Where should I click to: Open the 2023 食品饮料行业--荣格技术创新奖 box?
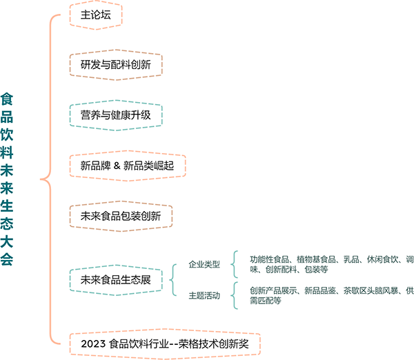[x=168, y=343]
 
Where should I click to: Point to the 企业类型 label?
[x=204, y=264]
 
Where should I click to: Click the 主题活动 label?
[x=204, y=295]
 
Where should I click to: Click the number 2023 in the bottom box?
[x=94, y=343]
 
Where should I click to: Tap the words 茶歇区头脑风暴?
[x=370, y=290]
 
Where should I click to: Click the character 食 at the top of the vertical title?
[x=8, y=99]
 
